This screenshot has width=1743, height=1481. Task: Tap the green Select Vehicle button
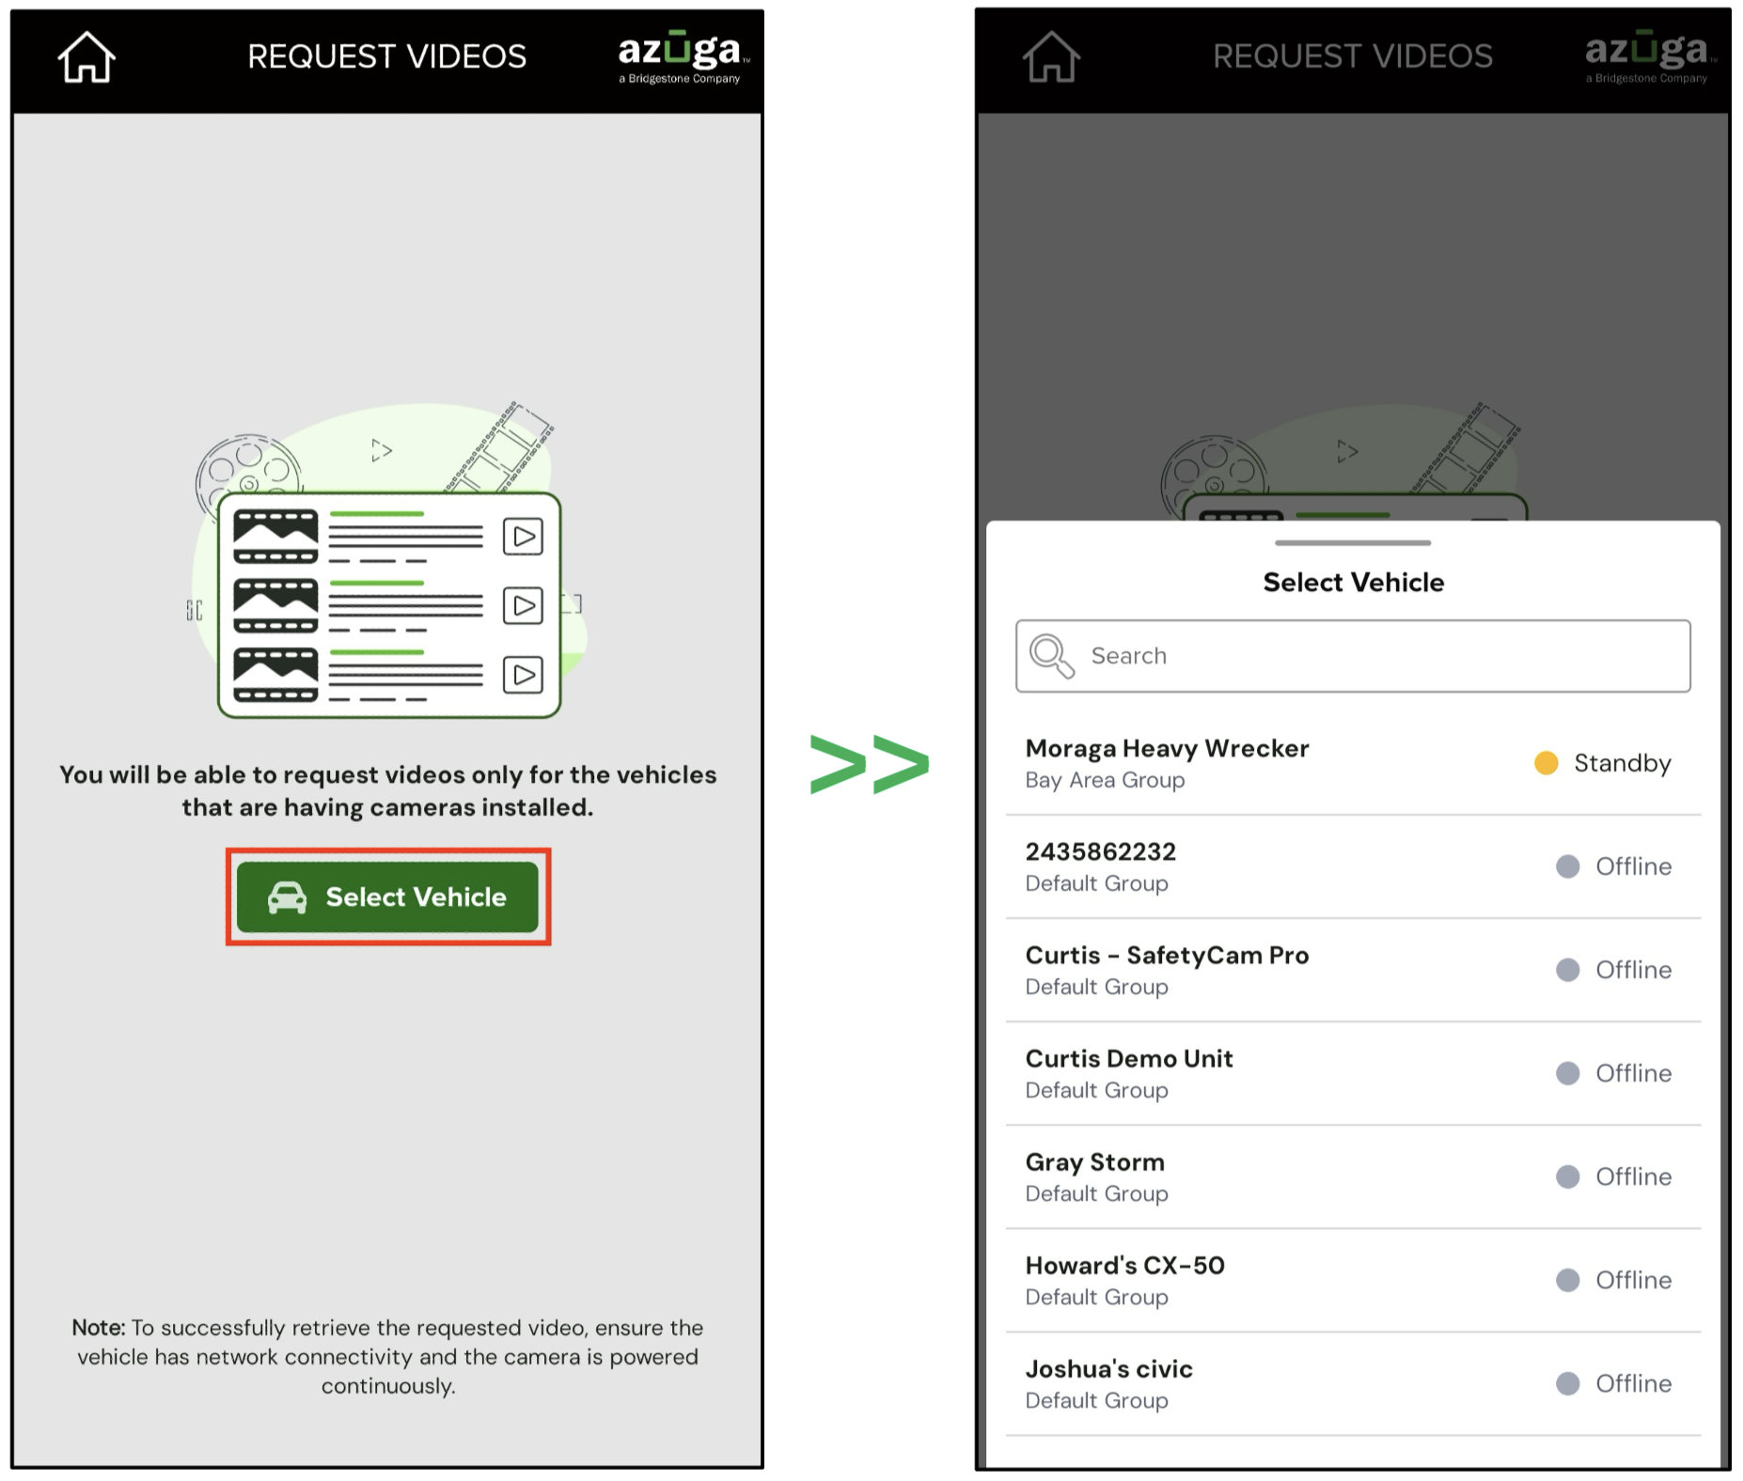(387, 896)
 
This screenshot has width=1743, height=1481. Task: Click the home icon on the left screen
(86, 57)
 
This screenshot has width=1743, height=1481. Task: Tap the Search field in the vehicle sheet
(1353, 656)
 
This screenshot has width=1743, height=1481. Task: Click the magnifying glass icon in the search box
(1051, 655)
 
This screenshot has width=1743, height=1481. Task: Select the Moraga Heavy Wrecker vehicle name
(1167, 748)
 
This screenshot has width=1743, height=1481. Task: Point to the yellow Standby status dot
(1547, 763)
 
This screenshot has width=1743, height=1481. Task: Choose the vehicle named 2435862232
(1100, 851)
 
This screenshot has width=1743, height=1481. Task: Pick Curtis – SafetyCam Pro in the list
(1167, 955)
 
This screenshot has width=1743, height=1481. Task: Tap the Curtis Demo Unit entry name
(1129, 1058)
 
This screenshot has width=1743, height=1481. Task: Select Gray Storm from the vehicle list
(1095, 1162)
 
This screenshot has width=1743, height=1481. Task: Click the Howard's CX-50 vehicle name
(1125, 1265)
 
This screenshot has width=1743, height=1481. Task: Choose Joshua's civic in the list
(1109, 1368)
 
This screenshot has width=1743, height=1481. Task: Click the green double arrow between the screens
(870, 764)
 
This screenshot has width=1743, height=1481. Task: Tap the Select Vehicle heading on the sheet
(1353, 583)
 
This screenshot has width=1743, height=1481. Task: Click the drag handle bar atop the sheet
(1353, 543)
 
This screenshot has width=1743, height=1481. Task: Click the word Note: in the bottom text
(99, 1327)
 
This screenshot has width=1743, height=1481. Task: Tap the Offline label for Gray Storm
(1634, 1177)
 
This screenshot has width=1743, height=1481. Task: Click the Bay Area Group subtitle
(1105, 780)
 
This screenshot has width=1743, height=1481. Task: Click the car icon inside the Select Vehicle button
(288, 897)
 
